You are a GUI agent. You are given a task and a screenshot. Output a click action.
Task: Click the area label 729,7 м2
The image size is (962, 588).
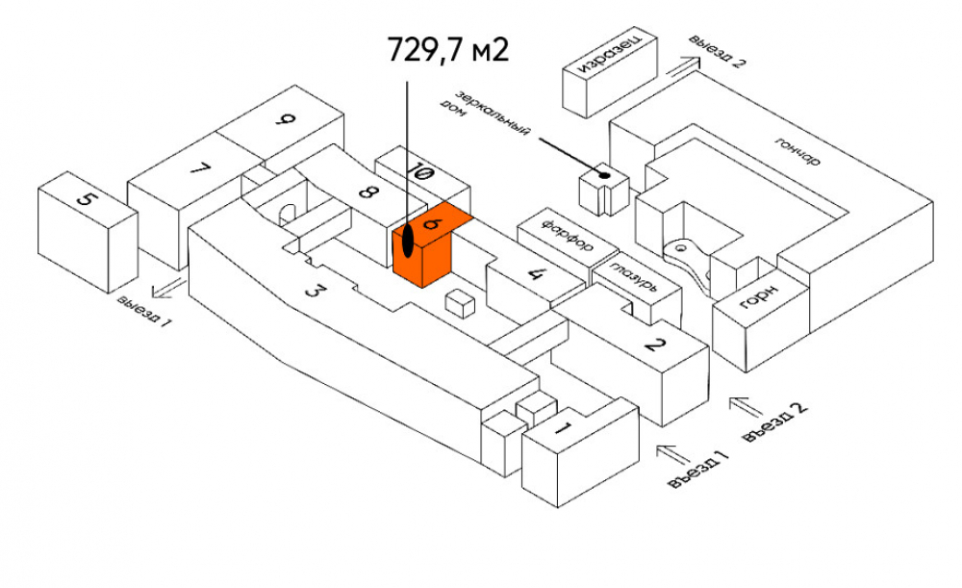(448, 50)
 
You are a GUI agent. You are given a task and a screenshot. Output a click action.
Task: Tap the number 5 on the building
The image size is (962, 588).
(87, 199)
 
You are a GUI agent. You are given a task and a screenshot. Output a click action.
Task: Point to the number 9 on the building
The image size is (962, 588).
(286, 118)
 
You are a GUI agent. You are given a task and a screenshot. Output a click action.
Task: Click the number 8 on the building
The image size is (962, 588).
(367, 192)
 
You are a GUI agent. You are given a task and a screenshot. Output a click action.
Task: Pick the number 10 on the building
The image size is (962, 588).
(420, 171)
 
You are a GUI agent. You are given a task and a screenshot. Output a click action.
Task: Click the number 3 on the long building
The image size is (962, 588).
(313, 291)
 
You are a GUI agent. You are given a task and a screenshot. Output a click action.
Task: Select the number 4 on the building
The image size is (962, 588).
(536, 273)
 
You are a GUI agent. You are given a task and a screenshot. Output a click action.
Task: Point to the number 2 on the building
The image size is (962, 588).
(655, 345)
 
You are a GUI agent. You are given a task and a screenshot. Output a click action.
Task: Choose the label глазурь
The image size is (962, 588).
(635, 277)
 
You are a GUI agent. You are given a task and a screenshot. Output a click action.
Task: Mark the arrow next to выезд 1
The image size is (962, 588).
(168, 288)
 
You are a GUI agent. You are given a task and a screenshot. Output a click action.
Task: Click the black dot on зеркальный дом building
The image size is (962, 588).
(604, 175)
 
